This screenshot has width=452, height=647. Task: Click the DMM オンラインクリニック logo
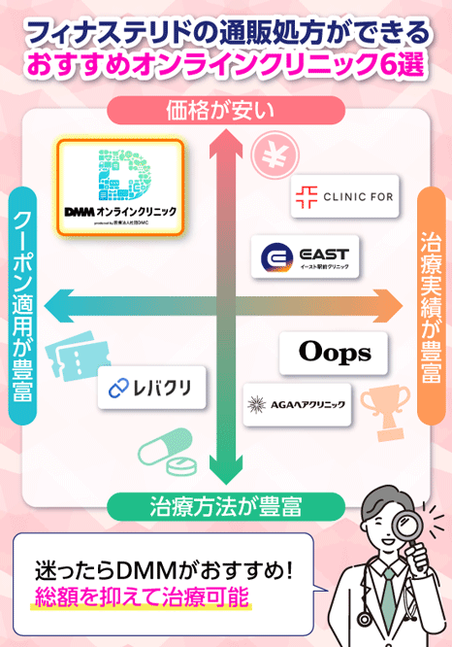(119, 187)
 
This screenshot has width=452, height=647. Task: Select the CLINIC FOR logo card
(343, 195)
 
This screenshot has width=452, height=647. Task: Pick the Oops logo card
(333, 352)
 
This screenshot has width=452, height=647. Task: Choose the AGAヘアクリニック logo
(294, 403)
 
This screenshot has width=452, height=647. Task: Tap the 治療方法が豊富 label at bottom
(224, 506)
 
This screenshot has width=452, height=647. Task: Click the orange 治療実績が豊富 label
(431, 305)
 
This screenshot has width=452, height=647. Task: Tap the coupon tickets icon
(70, 361)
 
